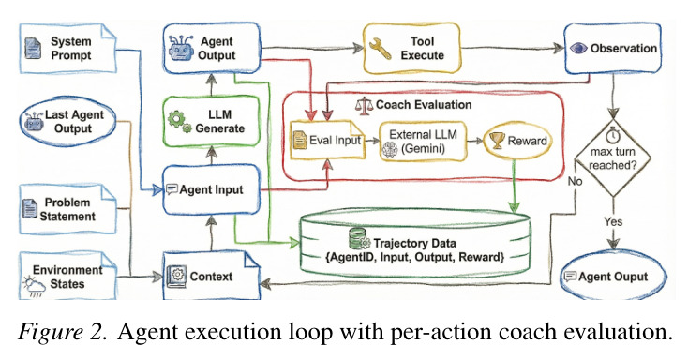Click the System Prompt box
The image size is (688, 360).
point(68,49)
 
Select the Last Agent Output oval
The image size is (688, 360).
point(68,122)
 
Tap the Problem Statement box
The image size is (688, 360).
point(68,209)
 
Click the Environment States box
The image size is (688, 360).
point(68,277)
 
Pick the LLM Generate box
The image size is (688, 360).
point(212,121)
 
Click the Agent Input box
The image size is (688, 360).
point(212,189)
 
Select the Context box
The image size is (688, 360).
point(212,276)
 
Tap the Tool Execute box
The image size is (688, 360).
point(411,49)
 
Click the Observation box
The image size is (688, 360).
point(612,49)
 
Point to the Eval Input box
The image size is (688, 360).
point(327,140)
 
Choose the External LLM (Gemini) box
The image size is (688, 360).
point(423,141)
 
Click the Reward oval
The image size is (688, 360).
point(517,141)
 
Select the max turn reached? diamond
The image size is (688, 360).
point(613,158)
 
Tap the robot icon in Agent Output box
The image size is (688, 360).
point(181,48)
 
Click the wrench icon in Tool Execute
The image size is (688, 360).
point(380,49)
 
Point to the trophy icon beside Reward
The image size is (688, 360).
point(497,141)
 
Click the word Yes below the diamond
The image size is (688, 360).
point(613,221)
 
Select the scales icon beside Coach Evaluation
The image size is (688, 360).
point(365,106)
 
